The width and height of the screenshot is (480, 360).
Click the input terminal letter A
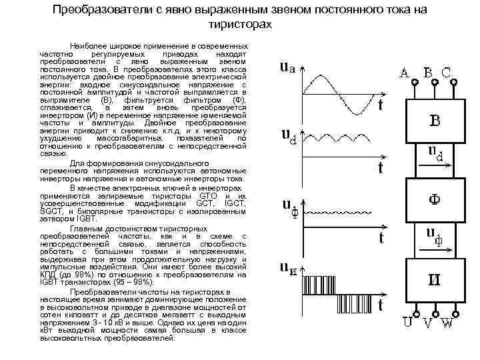[405, 72]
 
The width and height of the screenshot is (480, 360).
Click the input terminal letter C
[447, 72]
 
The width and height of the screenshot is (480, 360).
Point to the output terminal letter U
[407, 325]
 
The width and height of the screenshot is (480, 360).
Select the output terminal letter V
[428, 325]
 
